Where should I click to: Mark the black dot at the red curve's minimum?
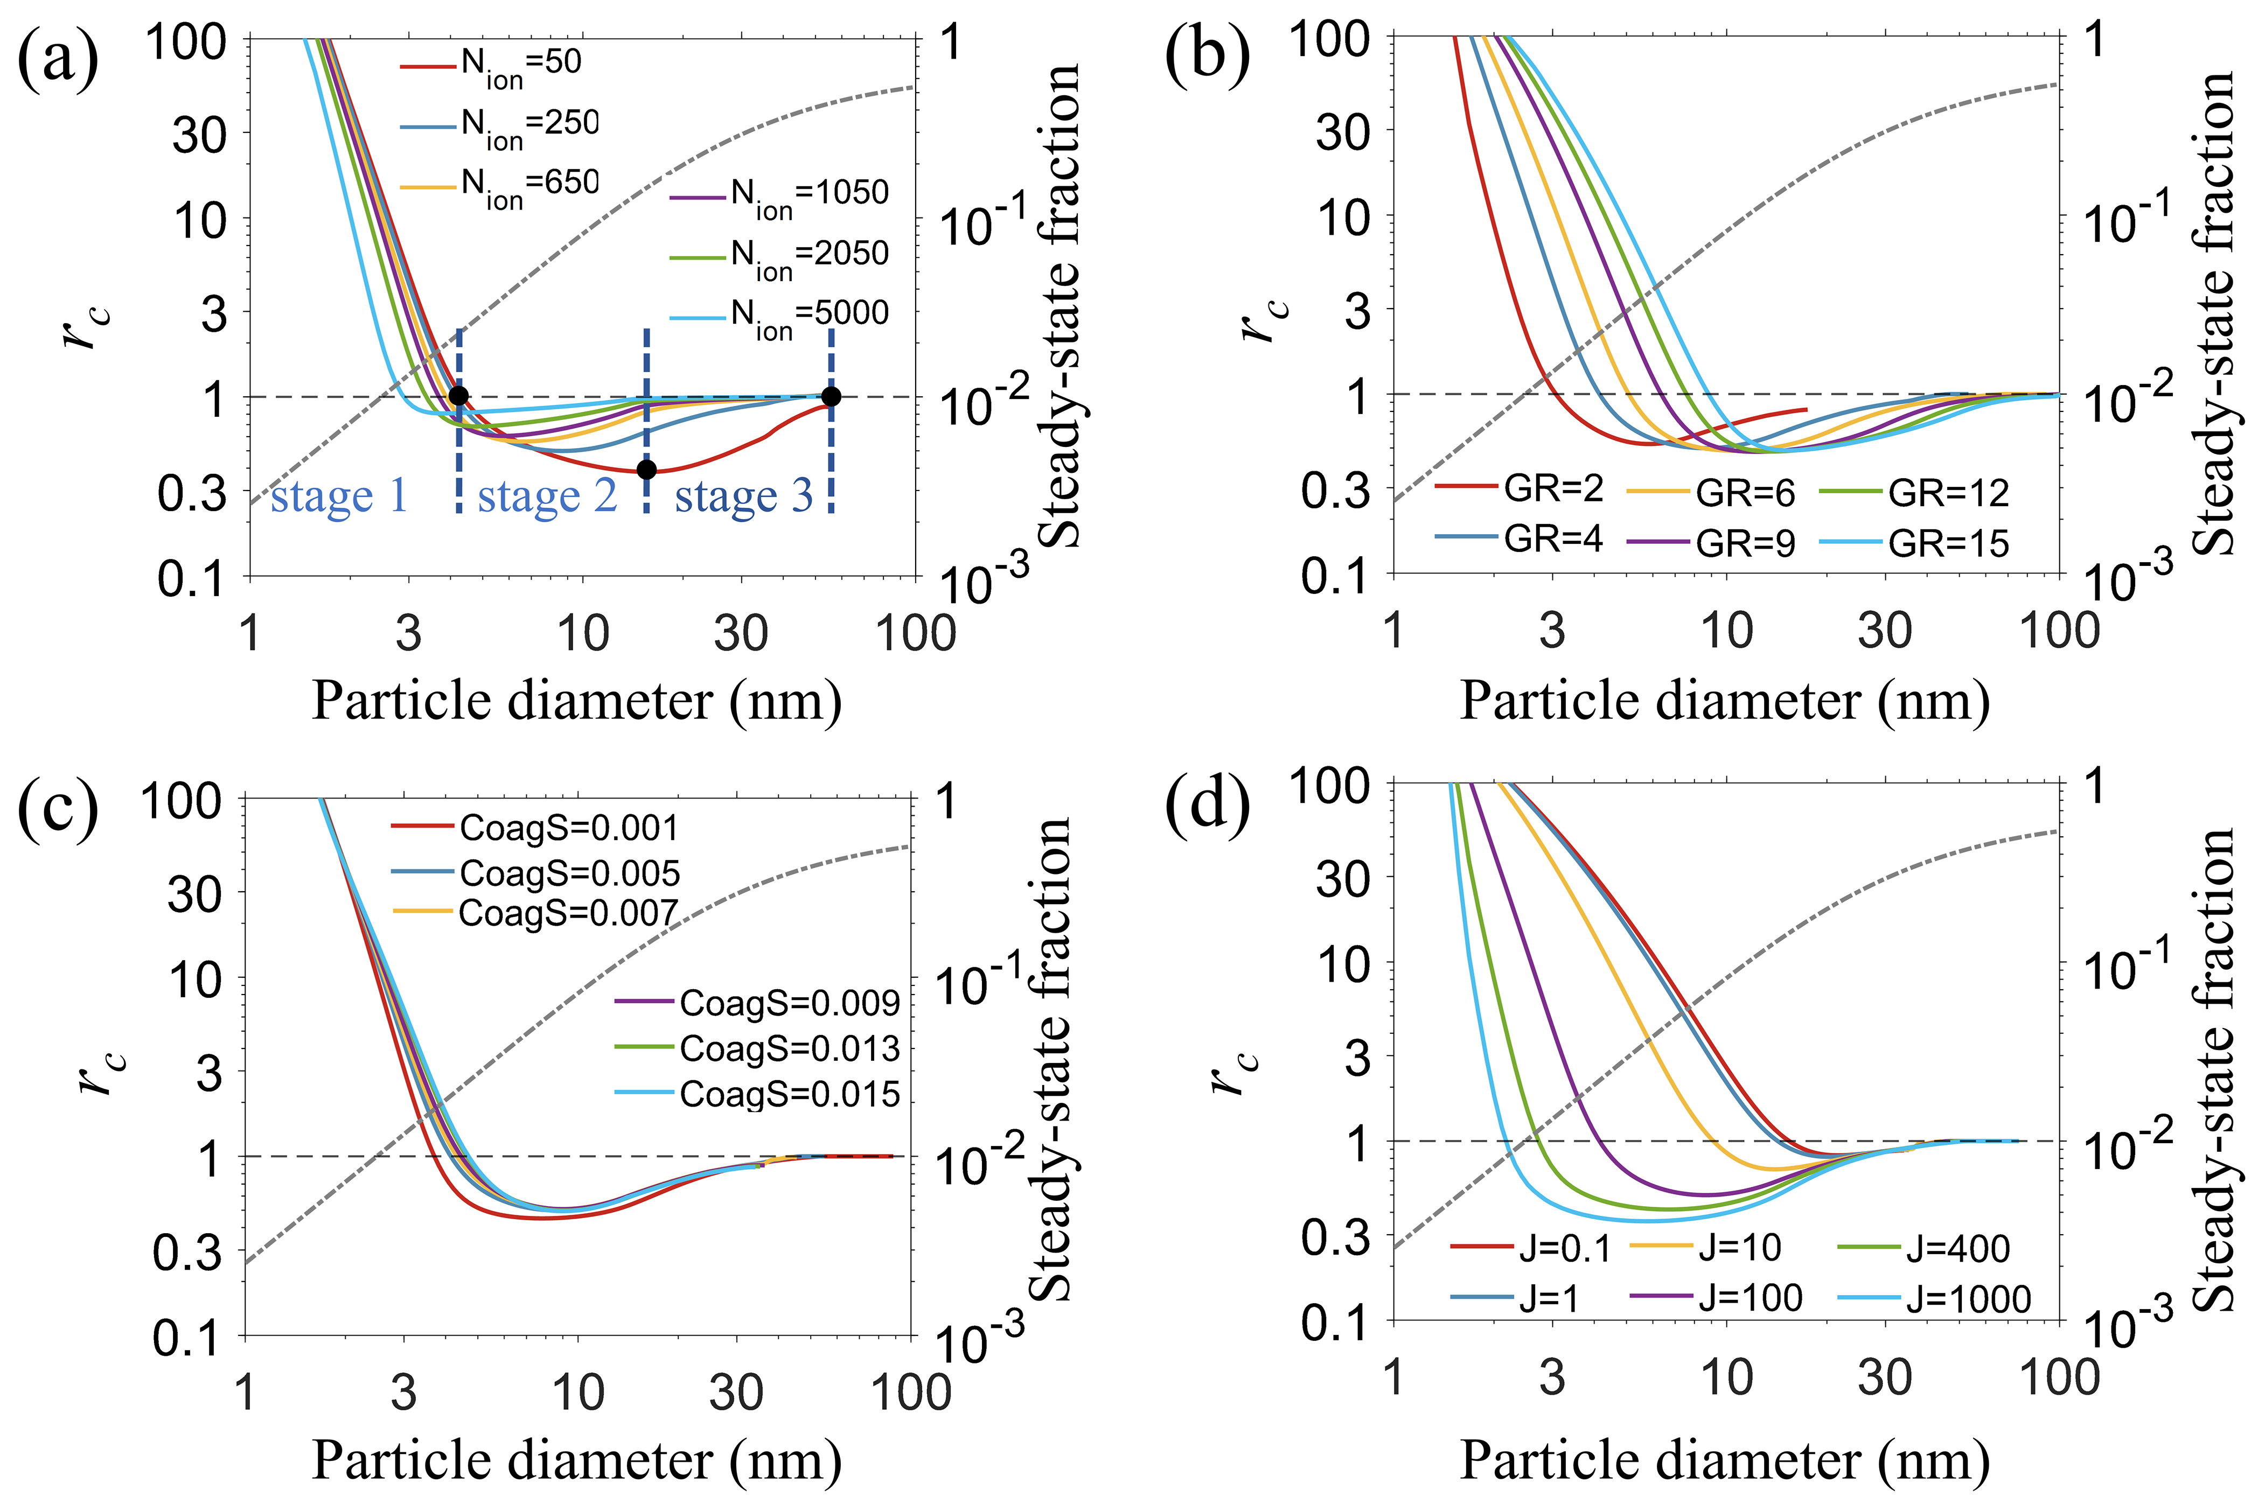pyautogui.click(x=647, y=470)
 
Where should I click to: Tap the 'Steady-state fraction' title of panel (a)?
pyautogui.click(x=1057, y=306)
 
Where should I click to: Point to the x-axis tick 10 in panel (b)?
pyautogui.click(x=1725, y=631)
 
